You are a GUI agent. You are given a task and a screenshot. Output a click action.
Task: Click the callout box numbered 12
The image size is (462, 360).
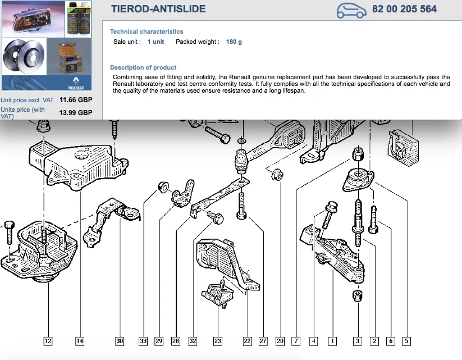[x=48, y=341]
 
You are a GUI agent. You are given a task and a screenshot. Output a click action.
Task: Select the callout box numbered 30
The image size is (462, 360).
[x=120, y=341]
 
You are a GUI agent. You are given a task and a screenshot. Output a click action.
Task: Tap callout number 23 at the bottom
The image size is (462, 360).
[x=217, y=341]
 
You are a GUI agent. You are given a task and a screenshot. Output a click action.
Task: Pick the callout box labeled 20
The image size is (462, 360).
[x=280, y=341]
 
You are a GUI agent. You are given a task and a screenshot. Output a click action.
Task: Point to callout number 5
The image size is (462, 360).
[x=406, y=341]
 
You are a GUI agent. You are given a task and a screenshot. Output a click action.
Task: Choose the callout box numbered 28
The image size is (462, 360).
[x=176, y=341]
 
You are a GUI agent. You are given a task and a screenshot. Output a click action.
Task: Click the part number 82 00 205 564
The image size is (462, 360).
[x=404, y=9]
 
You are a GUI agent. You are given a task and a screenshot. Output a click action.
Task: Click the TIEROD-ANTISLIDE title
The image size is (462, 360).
[x=158, y=9]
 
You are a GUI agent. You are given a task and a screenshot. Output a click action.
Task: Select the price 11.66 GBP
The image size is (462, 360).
[x=76, y=100]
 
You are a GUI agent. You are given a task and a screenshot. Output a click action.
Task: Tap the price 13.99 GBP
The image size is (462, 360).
[x=76, y=113]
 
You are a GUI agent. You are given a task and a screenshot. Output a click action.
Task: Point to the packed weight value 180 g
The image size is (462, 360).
[x=234, y=42]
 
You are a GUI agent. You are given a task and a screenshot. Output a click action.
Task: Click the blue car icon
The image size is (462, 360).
[x=351, y=11]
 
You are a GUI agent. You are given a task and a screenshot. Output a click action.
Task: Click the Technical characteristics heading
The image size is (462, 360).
[x=147, y=31]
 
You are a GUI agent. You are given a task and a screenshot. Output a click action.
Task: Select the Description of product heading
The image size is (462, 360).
[x=143, y=67]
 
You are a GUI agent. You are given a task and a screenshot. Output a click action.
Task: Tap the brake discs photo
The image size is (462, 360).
[x=24, y=57]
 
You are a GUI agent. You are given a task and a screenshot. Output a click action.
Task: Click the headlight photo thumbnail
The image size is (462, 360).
[x=33, y=19]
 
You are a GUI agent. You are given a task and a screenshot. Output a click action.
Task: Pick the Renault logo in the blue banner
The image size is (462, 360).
[x=76, y=83]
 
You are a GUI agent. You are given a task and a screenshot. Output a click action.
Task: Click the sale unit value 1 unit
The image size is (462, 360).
[x=155, y=42]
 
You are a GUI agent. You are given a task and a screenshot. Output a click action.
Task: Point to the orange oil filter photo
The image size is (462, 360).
[x=69, y=57]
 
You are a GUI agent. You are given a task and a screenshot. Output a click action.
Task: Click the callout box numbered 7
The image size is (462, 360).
[x=296, y=341]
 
